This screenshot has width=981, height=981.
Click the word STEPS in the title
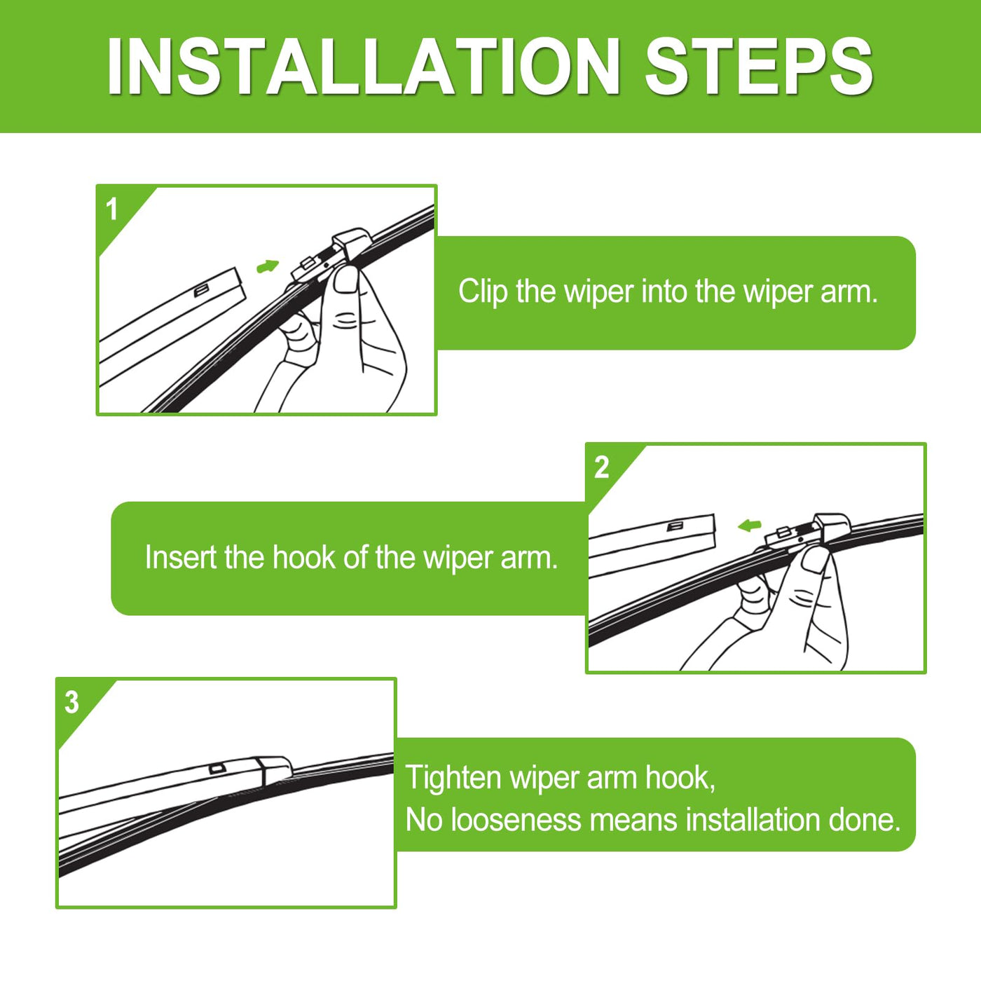click(759, 66)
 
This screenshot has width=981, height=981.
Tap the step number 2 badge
click(601, 467)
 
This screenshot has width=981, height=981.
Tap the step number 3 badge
click(71, 702)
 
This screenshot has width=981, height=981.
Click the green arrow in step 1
click(268, 266)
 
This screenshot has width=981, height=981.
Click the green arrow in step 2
click(749, 525)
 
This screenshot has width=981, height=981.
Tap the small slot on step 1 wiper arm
click(200, 291)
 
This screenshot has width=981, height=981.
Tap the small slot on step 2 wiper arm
click(675, 526)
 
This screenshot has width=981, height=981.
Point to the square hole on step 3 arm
click(216, 768)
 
